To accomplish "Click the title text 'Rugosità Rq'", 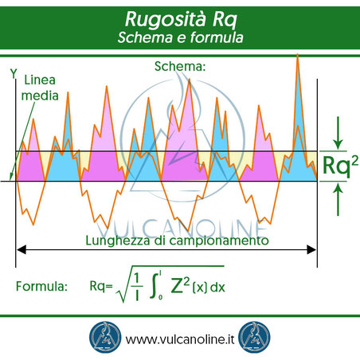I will pos(179,18).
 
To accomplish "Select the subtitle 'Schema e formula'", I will pos(179,37).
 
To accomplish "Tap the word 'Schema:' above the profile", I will pos(180,68).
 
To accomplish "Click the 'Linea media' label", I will pos(40,88).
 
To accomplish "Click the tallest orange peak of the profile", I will pos(297,56).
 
